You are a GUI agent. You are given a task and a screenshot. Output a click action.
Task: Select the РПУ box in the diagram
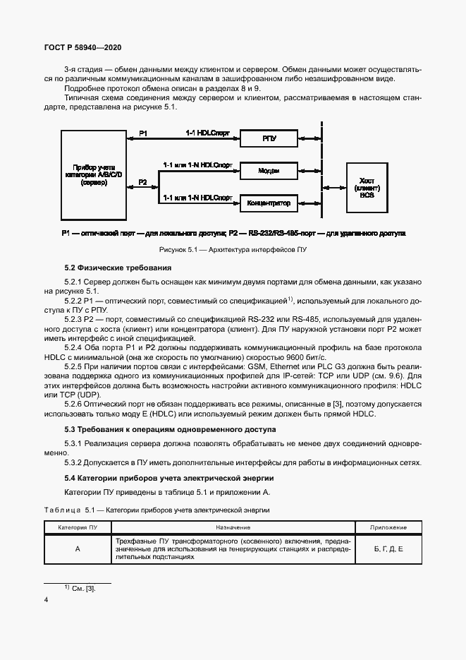(x=269, y=139)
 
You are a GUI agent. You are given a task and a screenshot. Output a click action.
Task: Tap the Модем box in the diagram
(x=269, y=171)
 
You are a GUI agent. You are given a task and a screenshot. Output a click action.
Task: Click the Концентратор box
(x=269, y=203)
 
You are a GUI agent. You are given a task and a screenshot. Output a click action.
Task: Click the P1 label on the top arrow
(x=143, y=133)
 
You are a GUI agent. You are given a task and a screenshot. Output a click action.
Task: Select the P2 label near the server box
(x=142, y=182)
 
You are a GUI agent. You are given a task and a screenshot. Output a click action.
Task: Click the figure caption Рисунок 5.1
(x=232, y=249)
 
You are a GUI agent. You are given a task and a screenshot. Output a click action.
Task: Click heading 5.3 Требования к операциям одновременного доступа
(x=169, y=429)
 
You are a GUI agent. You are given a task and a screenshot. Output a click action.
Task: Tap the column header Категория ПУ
(x=78, y=527)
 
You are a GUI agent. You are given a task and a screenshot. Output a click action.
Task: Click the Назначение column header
(x=233, y=527)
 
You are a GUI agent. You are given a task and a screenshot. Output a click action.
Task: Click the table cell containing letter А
(x=78, y=548)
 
